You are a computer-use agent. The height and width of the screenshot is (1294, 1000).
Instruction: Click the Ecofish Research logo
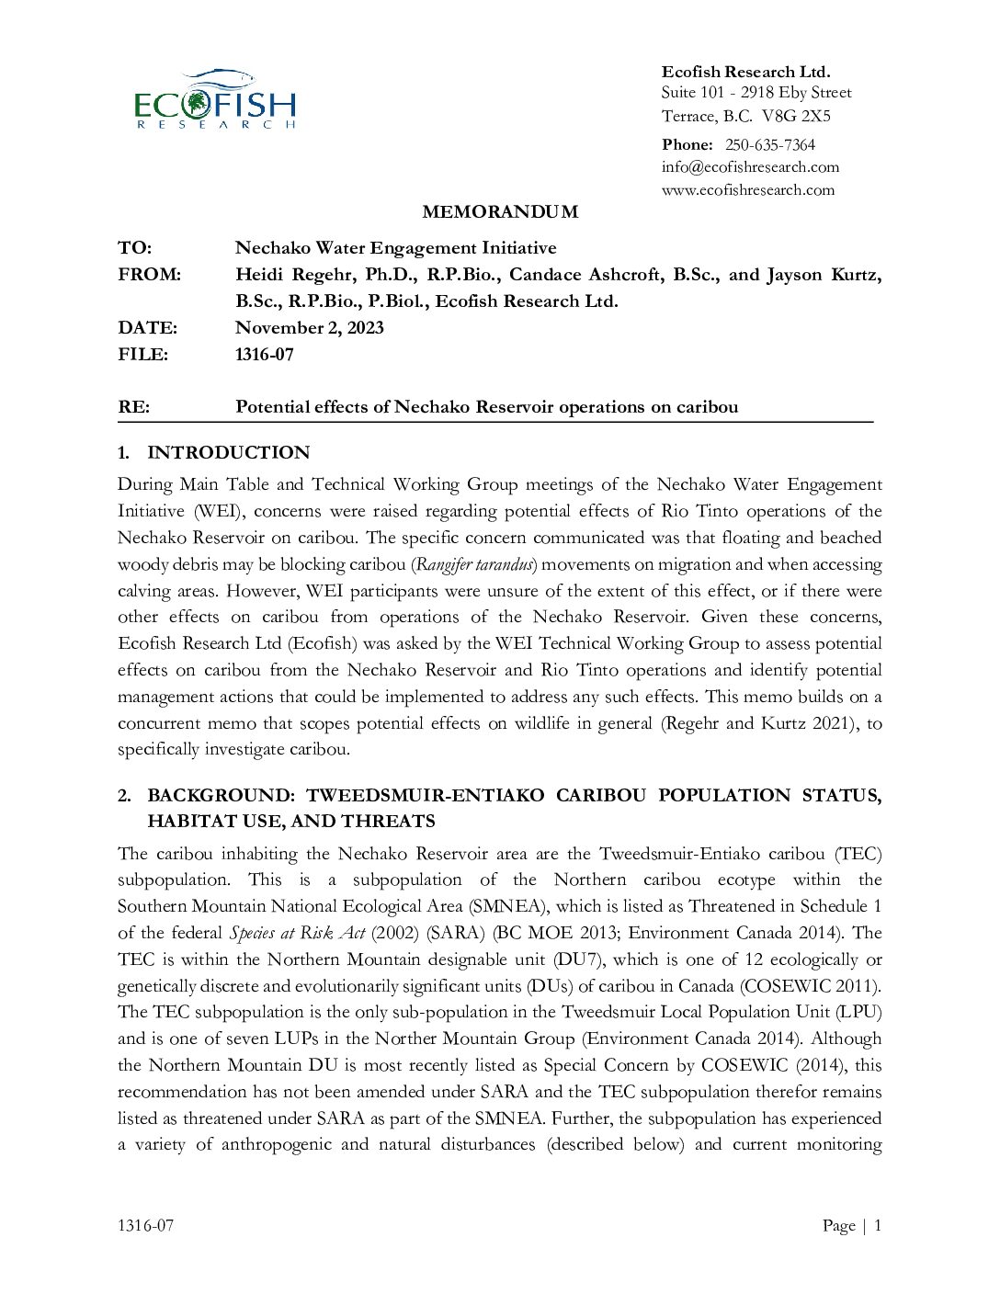(215, 99)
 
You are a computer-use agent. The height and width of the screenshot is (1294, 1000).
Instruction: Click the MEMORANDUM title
(500, 212)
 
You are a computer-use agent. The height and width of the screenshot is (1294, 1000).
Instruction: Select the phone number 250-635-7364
(769, 144)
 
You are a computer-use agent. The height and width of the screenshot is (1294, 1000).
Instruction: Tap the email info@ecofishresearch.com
(750, 167)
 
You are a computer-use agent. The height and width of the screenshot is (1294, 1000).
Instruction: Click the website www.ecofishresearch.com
(748, 190)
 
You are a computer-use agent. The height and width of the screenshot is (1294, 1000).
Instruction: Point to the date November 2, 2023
(309, 328)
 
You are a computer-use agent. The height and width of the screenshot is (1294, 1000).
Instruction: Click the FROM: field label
(149, 275)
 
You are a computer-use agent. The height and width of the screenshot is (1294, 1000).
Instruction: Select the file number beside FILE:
(264, 355)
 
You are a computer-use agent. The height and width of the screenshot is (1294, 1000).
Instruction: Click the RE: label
(133, 407)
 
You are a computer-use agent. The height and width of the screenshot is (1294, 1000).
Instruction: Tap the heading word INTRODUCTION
(228, 453)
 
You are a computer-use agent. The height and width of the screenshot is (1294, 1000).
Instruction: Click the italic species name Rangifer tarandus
(475, 564)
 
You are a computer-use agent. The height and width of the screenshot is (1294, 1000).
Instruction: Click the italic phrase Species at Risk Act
(297, 933)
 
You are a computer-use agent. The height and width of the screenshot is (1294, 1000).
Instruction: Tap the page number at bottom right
(878, 1225)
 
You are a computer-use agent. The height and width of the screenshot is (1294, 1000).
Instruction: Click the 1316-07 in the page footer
(145, 1225)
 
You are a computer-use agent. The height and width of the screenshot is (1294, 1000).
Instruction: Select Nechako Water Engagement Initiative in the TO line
(395, 248)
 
